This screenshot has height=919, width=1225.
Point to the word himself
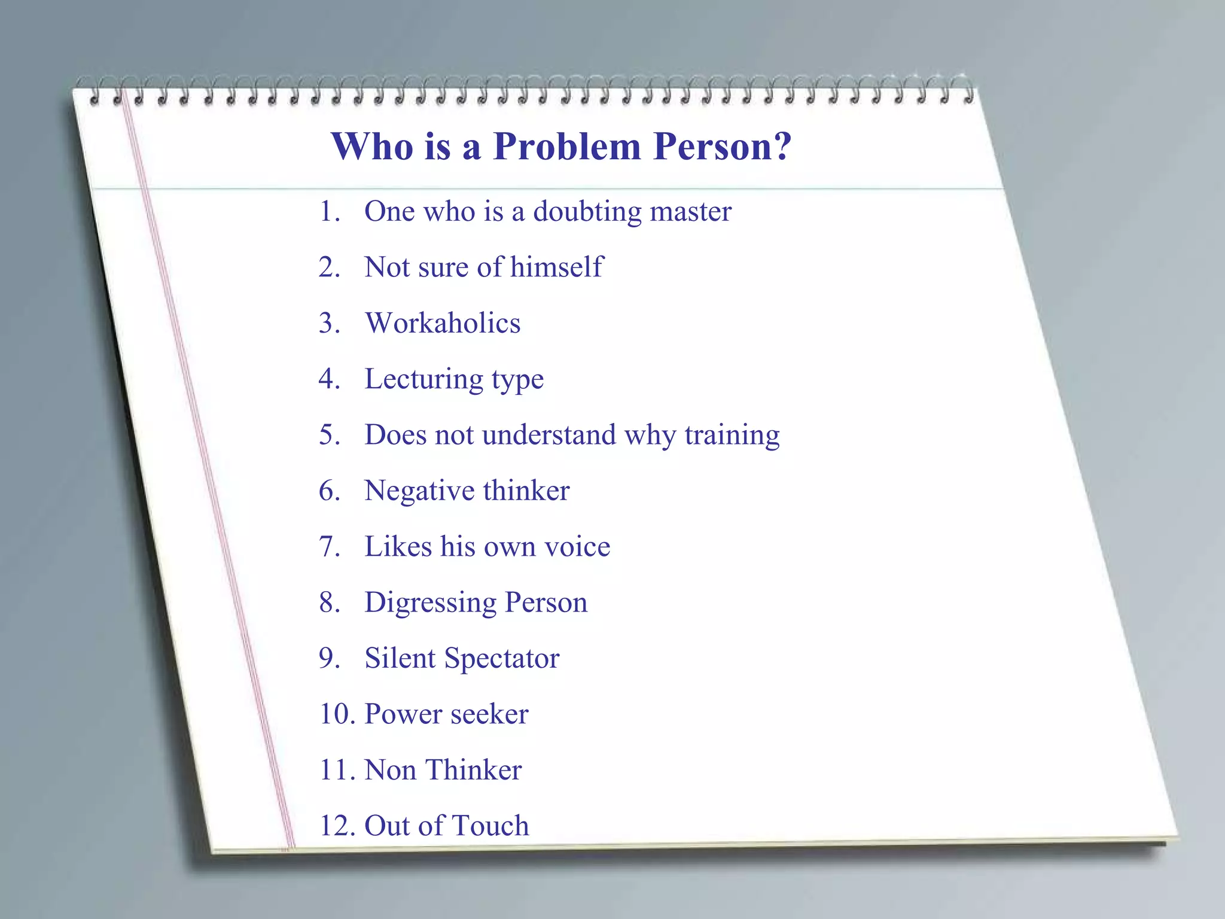tap(556, 267)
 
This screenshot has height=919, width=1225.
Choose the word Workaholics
tap(443, 323)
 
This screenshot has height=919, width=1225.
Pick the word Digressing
tap(430, 603)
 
